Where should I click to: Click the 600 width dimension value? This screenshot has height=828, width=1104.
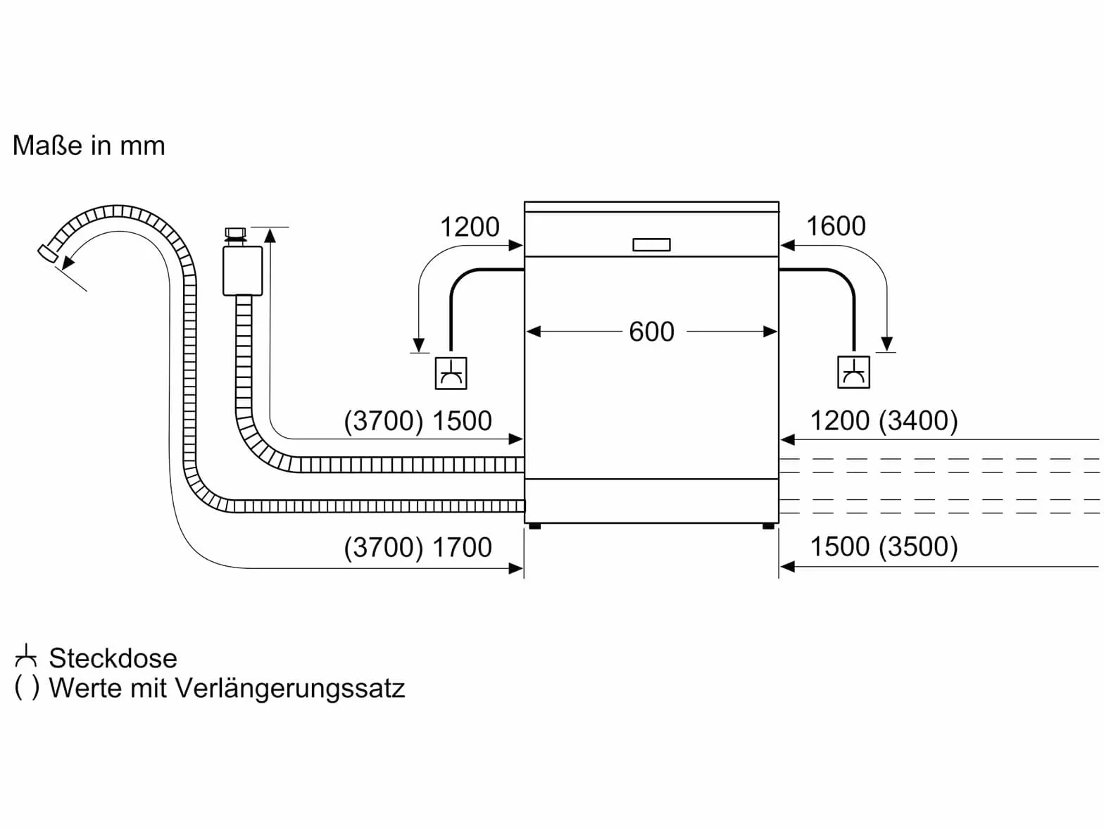[x=651, y=332]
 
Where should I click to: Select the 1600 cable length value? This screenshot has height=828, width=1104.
[x=836, y=226]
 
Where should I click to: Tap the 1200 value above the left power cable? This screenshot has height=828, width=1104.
[x=470, y=227]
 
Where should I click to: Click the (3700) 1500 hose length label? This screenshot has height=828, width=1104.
[x=418, y=421]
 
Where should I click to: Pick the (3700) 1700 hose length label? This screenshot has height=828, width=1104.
[x=418, y=547]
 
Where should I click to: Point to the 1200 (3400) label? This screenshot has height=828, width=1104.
[x=884, y=420]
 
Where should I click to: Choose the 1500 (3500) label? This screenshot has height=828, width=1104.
[x=884, y=546]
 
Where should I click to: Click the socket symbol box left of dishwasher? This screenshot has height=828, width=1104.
[x=451, y=373]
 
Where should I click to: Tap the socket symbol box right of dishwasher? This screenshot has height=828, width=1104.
[x=853, y=372]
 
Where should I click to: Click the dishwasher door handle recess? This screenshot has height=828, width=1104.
[x=651, y=245]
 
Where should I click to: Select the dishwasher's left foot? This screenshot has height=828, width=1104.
[x=534, y=527]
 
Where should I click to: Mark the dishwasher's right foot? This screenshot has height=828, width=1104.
[x=768, y=527]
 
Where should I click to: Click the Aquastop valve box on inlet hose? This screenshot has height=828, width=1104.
[x=242, y=270]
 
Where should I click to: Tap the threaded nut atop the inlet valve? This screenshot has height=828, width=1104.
[x=235, y=236]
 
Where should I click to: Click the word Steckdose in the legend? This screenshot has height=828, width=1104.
[x=113, y=658]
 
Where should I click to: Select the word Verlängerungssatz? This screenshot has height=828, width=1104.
[x=290, y=689]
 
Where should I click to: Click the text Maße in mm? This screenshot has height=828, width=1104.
[x=89, y=146]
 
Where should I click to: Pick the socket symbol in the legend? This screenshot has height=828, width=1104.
[x=25, y=656]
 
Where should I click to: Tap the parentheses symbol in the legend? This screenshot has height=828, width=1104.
[x=27, y=688]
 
